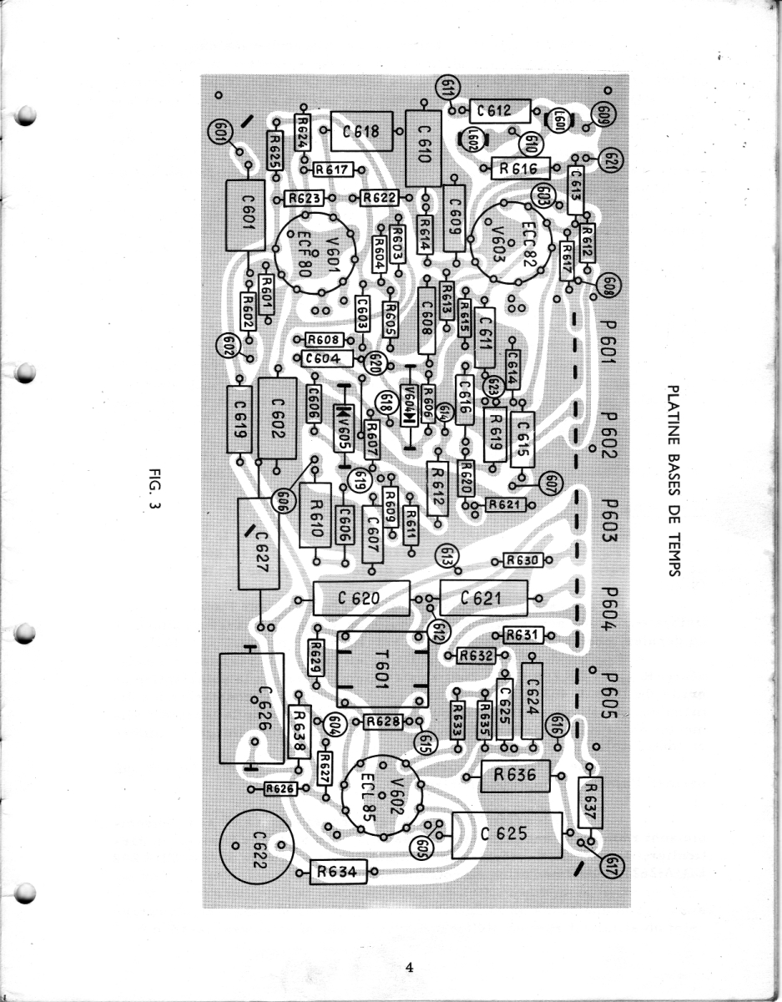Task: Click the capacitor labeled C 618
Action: tap(361, 131)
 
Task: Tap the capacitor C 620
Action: tap(361, 599)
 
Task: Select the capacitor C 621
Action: tap(482, 598)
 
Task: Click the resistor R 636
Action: tap(515, 777)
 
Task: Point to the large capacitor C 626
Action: tap(251, 707)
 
